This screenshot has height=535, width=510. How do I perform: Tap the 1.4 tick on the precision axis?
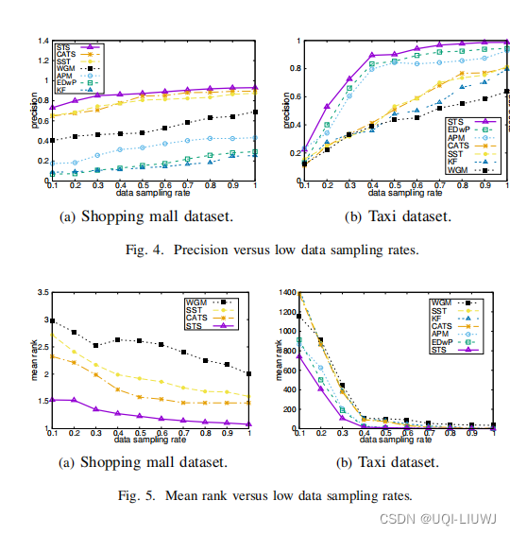click(x=42, y=41)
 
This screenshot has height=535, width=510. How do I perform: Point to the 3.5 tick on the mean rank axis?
click(x=42, y=294)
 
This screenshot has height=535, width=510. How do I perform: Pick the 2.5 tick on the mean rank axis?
click(x=42, y=347)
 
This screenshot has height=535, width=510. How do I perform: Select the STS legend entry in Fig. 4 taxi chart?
click(x=456, y=121)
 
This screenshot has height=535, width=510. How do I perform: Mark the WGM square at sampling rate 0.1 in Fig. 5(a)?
click(x=53, y=321)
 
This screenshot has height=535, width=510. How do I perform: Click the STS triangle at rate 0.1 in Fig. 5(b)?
click(x=298, y=357)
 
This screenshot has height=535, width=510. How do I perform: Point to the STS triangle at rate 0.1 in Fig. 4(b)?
click(x=303, y=150)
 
